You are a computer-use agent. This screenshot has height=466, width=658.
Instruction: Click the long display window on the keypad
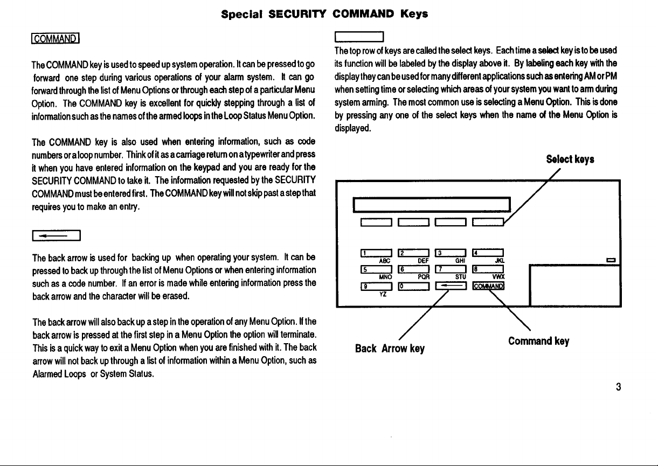pyautogui.click(x=431, y=205)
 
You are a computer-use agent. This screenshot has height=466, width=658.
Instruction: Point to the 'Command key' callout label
pyautogui.click(x=539, y=341)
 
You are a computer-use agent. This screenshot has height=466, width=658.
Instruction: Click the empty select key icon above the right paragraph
pyautogui.click(x=358, y=38)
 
